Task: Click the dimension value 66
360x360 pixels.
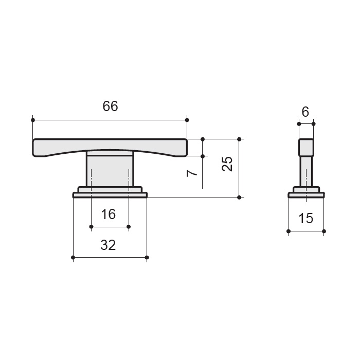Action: (110, 106)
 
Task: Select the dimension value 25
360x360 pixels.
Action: (227, 164)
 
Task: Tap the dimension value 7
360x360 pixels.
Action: (192, 173)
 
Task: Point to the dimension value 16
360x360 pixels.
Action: (109, 214)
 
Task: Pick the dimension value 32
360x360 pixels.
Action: (108, 245)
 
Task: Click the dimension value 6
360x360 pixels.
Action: (305, 112)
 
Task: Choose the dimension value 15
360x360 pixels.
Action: (306, 218)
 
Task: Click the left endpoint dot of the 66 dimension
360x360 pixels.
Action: (33, 120)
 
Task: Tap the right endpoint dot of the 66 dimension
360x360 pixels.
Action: (187, 120)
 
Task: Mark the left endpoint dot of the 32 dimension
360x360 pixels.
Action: (73, 257)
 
